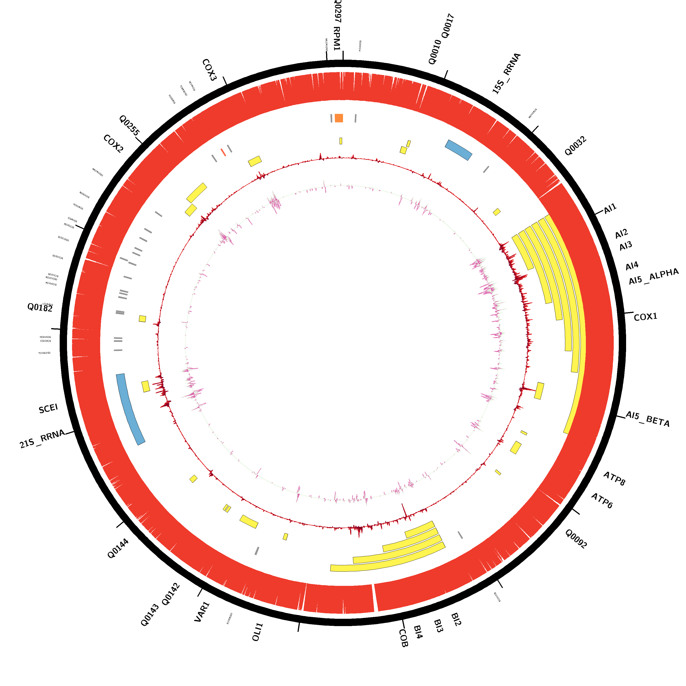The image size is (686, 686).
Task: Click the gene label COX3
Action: [x=209, y=70]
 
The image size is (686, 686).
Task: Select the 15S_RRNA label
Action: [x=506, y=73]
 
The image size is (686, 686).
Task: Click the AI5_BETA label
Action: [x=647, y=419]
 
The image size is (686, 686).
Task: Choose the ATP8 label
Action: [x=614, y=479]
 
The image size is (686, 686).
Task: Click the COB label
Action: [x=403, y=638]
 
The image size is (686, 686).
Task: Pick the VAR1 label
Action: [x=202, y=612]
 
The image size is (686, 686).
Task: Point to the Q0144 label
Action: [x=118, y=548]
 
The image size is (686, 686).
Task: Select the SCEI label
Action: [x=48, y=409]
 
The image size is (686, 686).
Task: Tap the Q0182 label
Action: [x=40, y=308]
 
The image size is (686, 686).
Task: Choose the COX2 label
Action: [x=113, y=144]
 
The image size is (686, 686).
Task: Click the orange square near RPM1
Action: [x=339, y=118]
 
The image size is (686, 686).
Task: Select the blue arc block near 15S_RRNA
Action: [x=458, y=150]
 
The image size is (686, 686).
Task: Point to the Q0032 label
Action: [x=575, y=146]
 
